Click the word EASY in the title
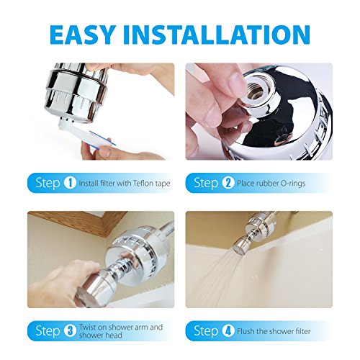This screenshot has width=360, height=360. pos(81,35)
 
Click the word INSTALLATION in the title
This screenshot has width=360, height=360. pos(217,35)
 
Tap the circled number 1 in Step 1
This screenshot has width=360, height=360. pos(70,183)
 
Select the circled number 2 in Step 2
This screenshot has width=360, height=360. pos(228,183)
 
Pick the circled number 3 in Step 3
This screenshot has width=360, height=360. pos(70,331)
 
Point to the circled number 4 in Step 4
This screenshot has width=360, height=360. pos(228,331)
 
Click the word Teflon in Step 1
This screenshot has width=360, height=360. pos(143,184)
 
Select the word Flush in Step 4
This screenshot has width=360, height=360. pos(246,331)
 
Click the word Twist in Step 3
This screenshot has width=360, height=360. pos(89,327)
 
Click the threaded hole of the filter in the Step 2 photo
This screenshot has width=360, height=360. pos(256,91)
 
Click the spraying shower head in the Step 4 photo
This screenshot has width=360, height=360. pos(242,247)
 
